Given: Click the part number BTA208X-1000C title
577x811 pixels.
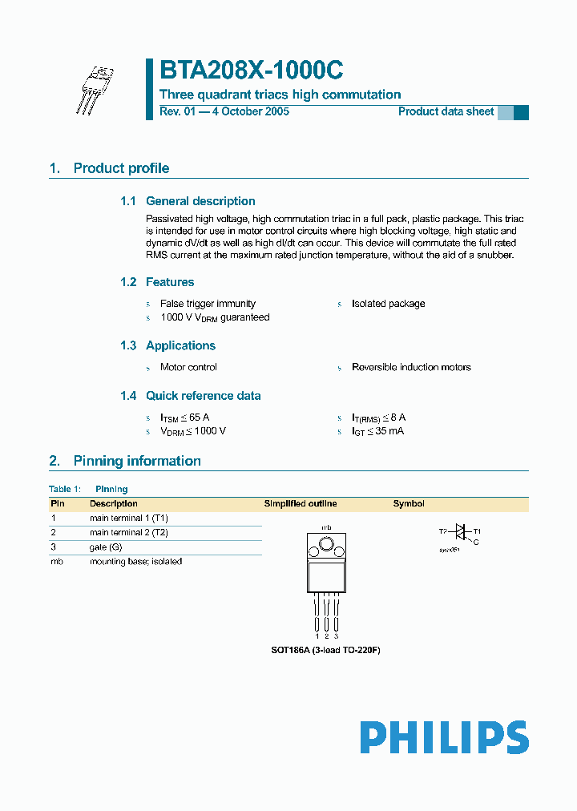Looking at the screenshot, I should pyautogui.click(x=252, y=71).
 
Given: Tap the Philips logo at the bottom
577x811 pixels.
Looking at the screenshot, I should pyautogui.click(x=443, y=738).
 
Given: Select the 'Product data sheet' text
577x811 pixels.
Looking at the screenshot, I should pyautogui.click(x=446, y=111).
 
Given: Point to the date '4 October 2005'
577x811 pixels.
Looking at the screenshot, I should pyautogui.click(x=249, y=111).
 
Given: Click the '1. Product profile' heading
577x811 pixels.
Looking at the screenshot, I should pyautogui.click(x=109, y=168).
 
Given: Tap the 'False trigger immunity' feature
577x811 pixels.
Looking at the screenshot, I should pyautogui.click(x=208, y=304).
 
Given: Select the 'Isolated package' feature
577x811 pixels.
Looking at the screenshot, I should pyautogui.click(x=388, y=304).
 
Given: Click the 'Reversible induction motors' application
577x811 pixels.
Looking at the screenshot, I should pyautogui.click(x=411, y=367).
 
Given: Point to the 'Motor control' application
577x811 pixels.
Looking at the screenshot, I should pyautogui.click(x=188, y=367).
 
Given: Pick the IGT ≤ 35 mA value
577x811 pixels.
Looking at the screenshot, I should pyautogui.click(x=377, y=431).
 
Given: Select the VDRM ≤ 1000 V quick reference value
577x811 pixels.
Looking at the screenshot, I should pyautogui.click(x=193, y=431).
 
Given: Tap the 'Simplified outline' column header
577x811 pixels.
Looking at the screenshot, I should pyautogui.click(x=301, y=504).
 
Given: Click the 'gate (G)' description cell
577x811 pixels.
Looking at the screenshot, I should pyautogui.click(x=106, y=547).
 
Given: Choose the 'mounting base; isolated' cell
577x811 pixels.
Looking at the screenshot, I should pyautogui.click(x=135, y=561).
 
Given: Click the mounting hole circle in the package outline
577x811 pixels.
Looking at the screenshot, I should pyautogui.click(x=326, y=546).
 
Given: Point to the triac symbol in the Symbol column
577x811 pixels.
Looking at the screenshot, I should pyautogui.click(x=460, y=531).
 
